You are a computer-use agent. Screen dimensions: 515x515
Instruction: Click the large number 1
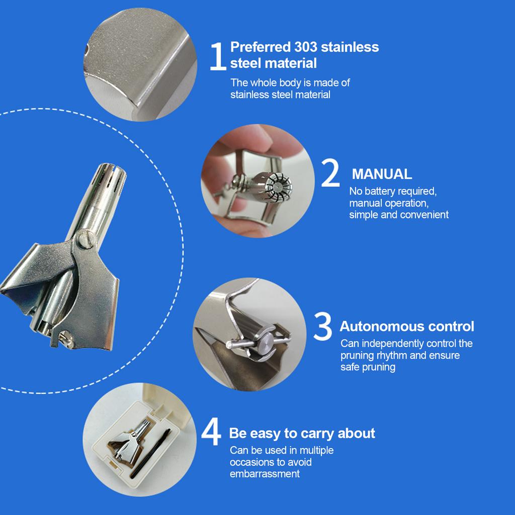(x=218, y=56)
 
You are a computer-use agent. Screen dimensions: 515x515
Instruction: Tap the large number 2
(x=330, y=173)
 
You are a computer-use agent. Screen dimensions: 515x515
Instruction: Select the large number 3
(x=323, y=326)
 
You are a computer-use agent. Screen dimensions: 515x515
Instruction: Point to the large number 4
(x=211, y=432)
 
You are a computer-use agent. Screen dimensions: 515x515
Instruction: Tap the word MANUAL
(x=382, y=174)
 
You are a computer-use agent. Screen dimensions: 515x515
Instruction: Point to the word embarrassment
(x=265, y=474)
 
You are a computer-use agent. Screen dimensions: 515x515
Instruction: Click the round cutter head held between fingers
(x=278, y=186)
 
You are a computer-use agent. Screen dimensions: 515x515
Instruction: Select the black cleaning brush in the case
(x=151, y=453)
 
